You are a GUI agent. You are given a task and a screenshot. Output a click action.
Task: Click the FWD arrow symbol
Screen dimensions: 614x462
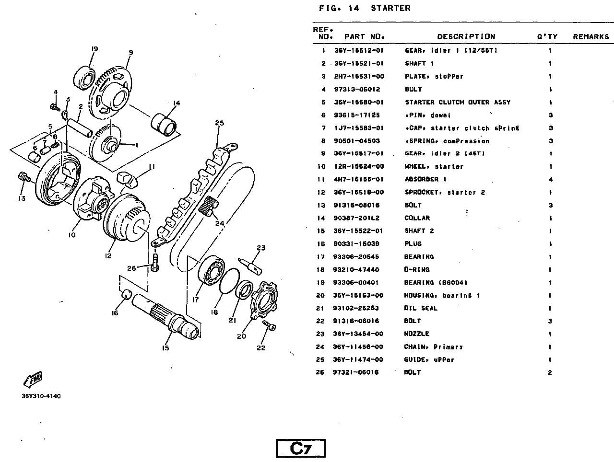(33, 379)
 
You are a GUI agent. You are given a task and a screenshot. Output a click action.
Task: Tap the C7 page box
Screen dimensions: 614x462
(301, 448)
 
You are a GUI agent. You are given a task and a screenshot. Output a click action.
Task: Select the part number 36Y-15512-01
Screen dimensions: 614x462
(359, 50)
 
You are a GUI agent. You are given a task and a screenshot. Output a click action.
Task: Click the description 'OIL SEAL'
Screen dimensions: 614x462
(421, 308)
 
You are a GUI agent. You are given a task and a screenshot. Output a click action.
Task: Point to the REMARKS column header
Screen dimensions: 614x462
(590, 36)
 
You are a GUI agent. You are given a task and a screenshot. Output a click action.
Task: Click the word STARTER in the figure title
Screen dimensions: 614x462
(390, 8)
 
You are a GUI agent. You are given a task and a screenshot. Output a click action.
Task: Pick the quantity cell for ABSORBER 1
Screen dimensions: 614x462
(550, 180)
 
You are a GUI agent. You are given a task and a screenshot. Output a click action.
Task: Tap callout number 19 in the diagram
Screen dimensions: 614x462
(94, 49)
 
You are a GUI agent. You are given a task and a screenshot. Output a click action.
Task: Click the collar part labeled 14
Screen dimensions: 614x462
(164, 123)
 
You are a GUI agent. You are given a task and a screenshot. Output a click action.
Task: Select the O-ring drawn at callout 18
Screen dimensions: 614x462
(229, 282)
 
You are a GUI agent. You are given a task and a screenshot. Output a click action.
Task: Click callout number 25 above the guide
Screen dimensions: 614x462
(219, 123)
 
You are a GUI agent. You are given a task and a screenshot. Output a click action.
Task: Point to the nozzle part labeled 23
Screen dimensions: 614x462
(252, 265)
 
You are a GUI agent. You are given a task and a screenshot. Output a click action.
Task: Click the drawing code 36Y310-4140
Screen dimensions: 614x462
(41, 396)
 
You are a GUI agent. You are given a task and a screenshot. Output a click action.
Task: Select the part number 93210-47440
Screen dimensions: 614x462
(356, 270)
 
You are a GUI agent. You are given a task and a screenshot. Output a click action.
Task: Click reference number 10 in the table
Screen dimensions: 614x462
(321, 167)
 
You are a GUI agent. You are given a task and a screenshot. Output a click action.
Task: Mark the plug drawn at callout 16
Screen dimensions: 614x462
(126, 294)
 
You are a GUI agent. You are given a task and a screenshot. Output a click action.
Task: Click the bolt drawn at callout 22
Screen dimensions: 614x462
(269, 325)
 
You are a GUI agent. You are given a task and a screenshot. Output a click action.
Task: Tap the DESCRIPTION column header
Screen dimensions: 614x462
(466, 36)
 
